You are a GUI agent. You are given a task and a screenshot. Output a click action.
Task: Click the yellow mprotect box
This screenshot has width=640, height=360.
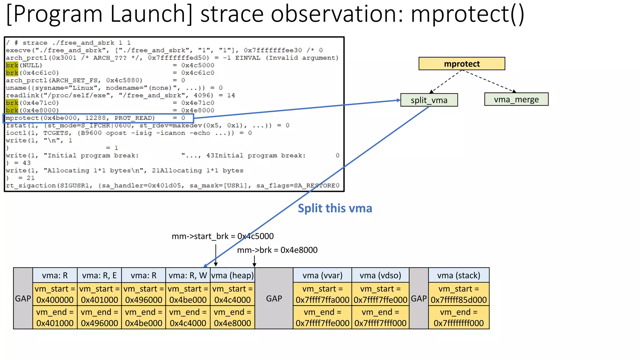462,64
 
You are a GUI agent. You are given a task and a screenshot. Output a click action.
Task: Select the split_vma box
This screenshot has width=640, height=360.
429,100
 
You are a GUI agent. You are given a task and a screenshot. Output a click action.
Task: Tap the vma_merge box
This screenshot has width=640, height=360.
516,99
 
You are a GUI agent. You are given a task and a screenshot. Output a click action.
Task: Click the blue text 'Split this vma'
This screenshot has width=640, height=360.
335,208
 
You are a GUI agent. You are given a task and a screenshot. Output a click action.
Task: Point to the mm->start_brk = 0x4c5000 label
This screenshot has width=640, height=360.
222,236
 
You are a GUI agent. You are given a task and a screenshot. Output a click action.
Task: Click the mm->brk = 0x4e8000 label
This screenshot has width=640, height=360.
277,250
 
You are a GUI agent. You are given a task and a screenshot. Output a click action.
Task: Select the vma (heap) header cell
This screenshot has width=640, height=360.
232,275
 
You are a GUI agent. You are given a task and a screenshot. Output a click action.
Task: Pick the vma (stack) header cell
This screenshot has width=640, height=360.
458,275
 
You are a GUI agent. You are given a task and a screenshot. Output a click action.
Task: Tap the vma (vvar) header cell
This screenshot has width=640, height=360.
322,275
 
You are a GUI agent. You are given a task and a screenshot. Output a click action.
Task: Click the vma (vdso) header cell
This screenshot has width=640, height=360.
380,275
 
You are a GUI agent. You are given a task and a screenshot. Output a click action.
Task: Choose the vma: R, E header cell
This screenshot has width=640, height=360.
99,275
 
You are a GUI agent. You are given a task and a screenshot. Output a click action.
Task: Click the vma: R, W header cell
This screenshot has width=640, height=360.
188,275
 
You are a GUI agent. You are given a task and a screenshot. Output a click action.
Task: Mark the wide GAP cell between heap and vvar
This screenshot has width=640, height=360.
274,298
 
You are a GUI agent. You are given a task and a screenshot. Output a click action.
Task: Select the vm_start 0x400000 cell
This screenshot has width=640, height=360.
55,294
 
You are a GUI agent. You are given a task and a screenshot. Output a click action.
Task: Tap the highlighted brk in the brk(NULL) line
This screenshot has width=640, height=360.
12,65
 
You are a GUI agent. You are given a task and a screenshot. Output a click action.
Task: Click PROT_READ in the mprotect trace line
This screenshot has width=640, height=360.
134,118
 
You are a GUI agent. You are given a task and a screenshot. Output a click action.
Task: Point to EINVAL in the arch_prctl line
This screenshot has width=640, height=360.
247,58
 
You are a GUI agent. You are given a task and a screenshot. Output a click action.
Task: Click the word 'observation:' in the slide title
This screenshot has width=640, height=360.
337,14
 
